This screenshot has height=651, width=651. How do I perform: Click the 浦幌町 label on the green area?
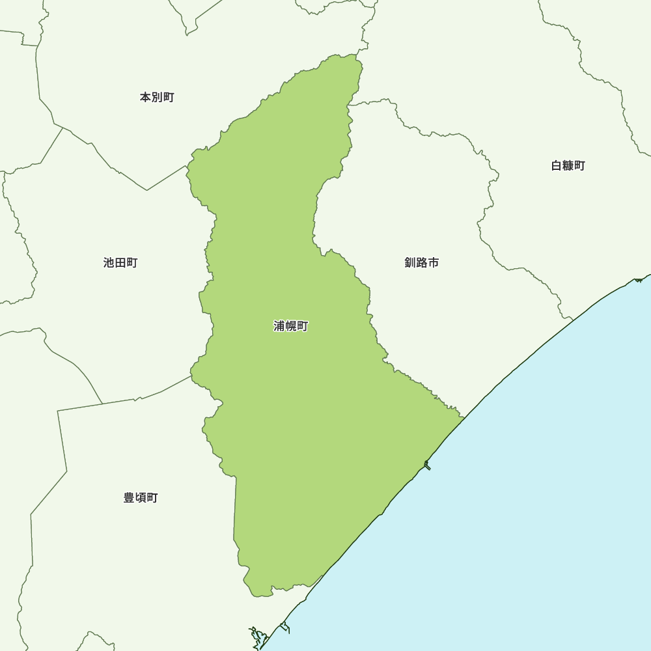click(290, 326)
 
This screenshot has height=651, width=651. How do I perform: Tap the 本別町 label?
click(157, 98)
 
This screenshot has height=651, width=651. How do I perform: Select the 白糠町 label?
click(568, 166)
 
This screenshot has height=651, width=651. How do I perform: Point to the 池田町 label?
click(120, 263)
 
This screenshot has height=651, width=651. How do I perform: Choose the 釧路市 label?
click(421, 263)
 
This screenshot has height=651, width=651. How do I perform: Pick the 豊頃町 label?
click(141, 498)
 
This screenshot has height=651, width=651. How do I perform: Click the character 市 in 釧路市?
click(433, 263)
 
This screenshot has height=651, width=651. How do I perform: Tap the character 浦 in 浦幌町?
click(279, 326)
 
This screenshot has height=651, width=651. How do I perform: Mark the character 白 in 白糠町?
click(557, 166)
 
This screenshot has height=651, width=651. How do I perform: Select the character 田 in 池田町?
click(120, 263)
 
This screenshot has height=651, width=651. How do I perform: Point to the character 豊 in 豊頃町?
click(130, 498)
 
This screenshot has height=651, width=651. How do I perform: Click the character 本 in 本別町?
click(146, 98)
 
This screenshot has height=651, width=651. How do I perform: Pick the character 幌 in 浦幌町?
click(290, 326)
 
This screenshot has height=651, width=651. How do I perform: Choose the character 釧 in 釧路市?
click(410, 263)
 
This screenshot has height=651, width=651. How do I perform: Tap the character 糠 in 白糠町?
click(568, 166)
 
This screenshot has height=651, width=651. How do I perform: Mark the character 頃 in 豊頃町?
click(141, 498)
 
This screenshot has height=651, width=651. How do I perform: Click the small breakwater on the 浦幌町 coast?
click(426, 465)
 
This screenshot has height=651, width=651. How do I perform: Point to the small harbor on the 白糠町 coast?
click(639, 279)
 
